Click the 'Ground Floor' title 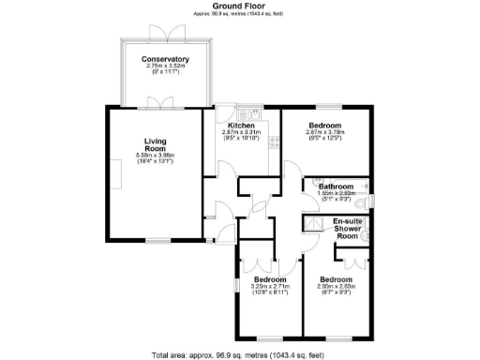[239, 6]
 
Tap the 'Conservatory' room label [165, 60]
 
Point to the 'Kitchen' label [242, 126]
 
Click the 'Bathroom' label [336, 186]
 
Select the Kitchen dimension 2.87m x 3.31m [242, 133]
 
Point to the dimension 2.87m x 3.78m [326, 133]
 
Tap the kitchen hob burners [274, 143]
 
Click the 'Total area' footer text [240, 354]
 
